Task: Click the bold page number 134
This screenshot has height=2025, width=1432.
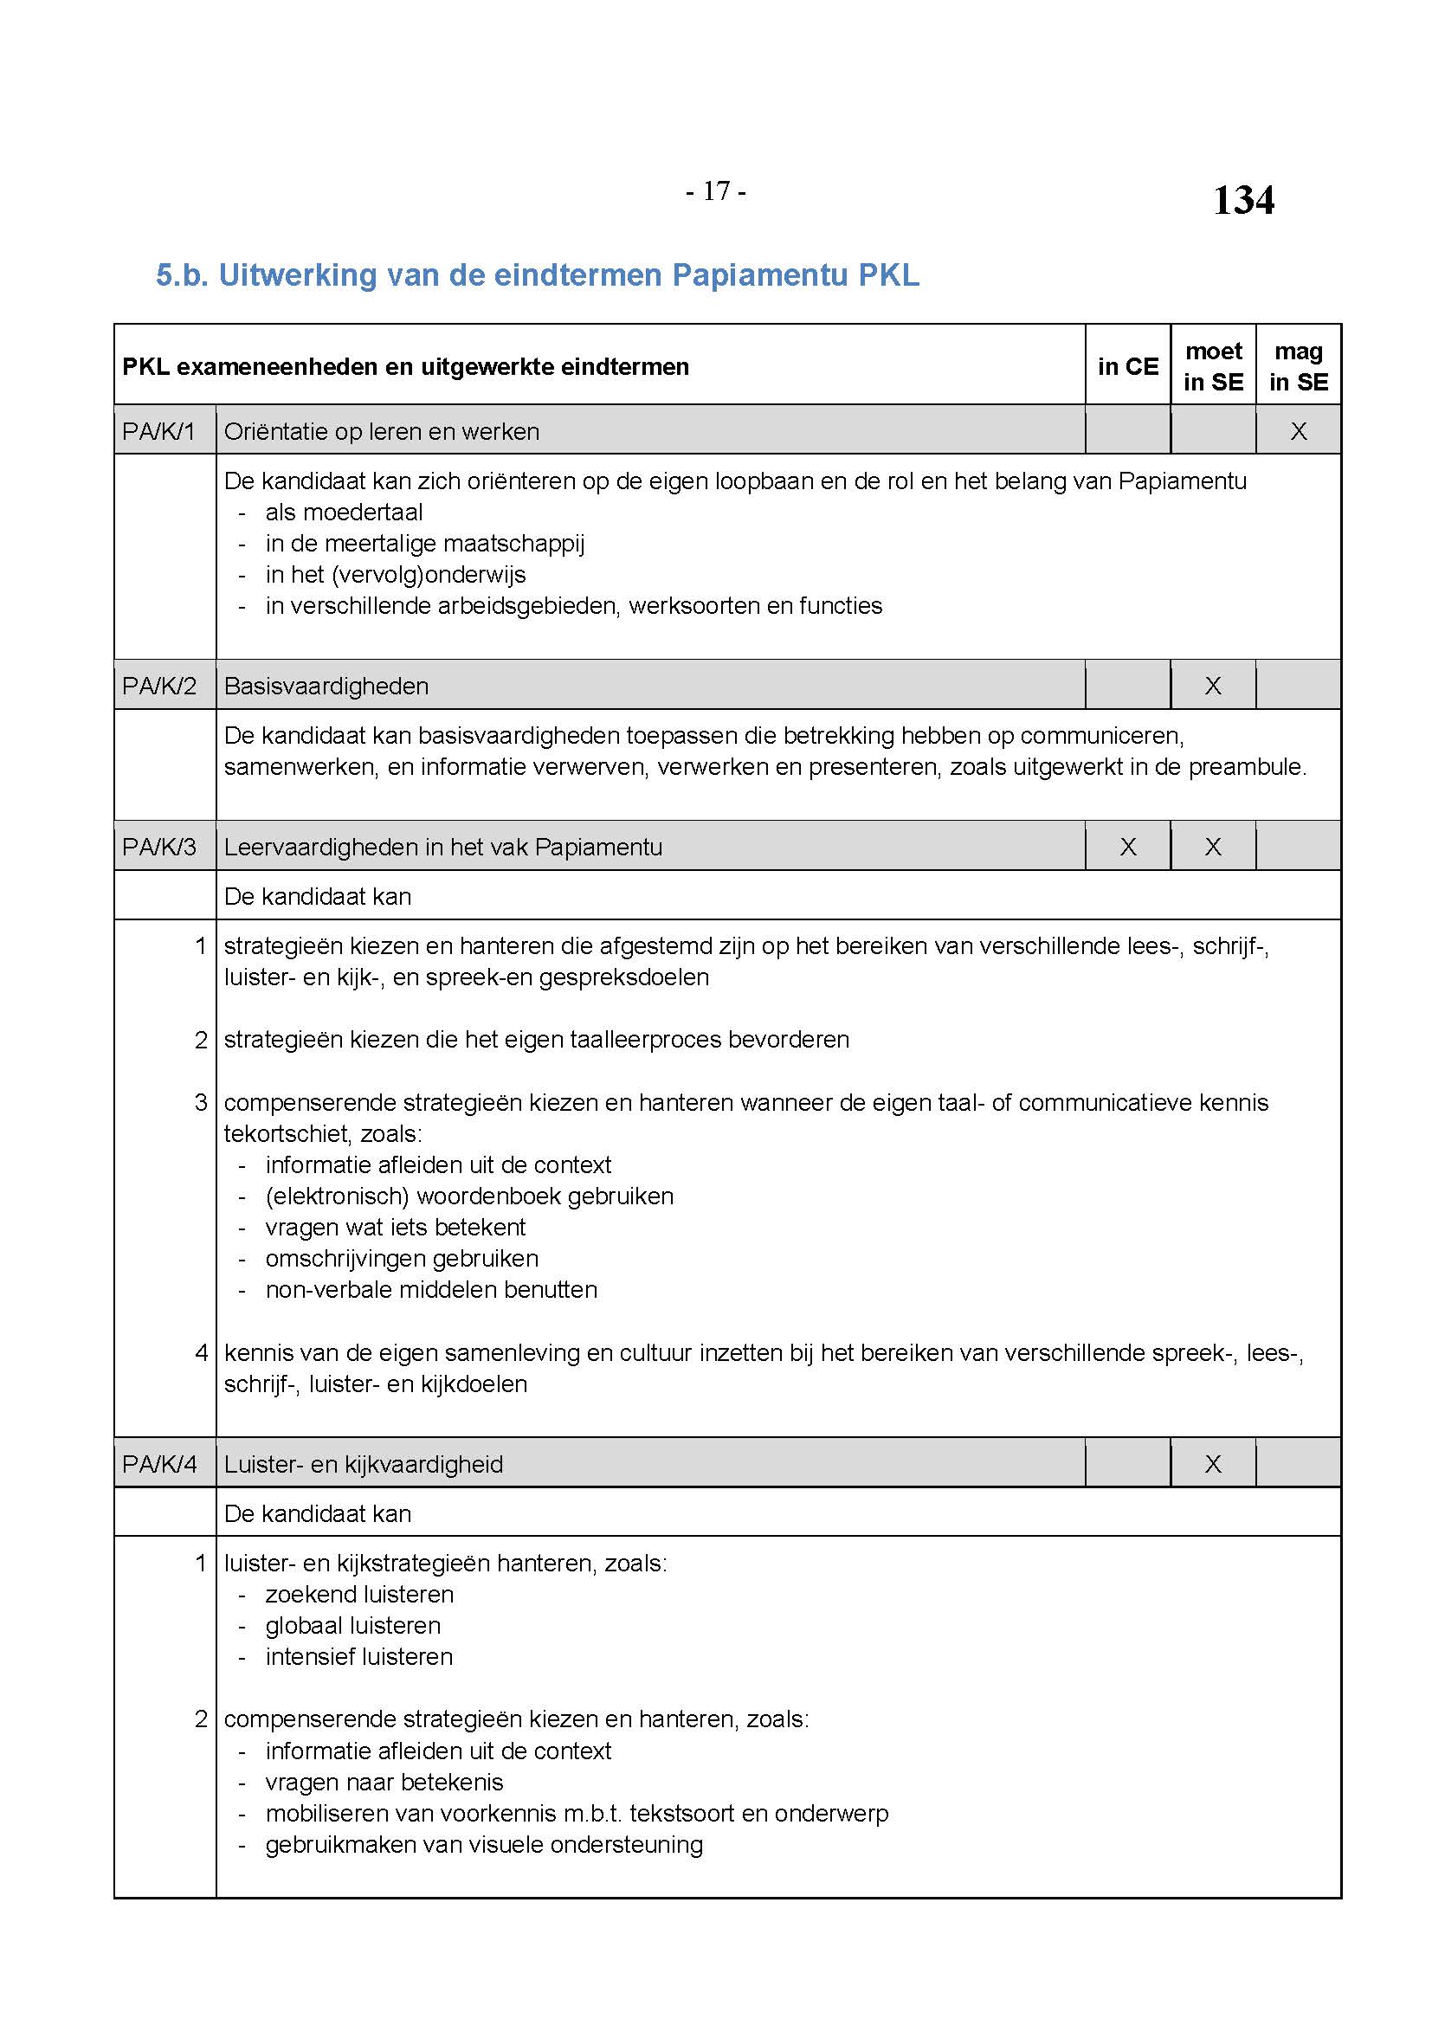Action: [1242, 200]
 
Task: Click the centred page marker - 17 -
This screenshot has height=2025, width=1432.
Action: [715, 190]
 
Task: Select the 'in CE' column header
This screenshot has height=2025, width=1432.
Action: [1128, 366]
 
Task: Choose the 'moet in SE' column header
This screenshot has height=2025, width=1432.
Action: [1213, 366]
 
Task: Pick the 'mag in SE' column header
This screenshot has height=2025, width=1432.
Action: [1298, 366]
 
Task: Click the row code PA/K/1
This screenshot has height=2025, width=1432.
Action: [158, 431]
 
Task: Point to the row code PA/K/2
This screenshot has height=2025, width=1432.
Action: [158, 686]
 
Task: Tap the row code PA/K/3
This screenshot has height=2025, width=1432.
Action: [158, 847]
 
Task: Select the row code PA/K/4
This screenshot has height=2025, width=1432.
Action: [158, 1464]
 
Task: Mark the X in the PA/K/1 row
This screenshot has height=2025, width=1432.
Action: [1298, 431]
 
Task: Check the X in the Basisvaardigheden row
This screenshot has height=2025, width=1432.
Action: [1213, 686]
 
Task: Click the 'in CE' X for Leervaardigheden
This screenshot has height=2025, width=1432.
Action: [1128, 847]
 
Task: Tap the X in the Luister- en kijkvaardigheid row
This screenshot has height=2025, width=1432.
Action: [1213, 1464]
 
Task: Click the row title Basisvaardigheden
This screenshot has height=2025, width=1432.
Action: [326, 686]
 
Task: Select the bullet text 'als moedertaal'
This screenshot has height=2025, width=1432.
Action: [344, 513]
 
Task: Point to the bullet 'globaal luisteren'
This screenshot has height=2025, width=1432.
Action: [352, 1626]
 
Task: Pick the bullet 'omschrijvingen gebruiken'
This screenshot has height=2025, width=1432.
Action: [401, 1259]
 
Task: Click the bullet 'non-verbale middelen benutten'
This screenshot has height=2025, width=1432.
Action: [431, 1289]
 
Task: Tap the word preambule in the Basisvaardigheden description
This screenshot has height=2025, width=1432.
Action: [1246, 766]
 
